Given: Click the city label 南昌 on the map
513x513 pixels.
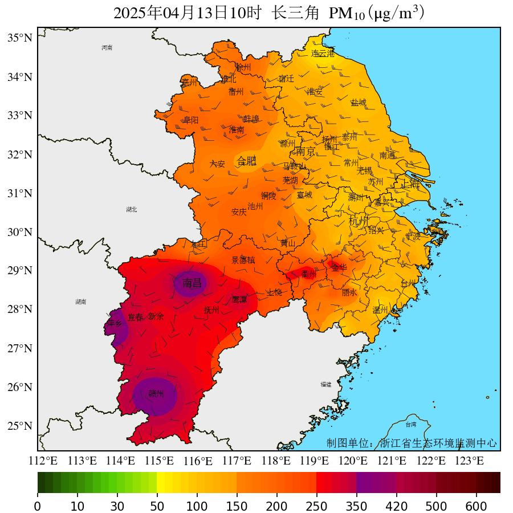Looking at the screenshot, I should click(x=192, y=283).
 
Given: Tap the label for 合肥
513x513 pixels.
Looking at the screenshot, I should click(x=247, y=161).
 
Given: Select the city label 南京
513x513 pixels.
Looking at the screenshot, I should click(x=305, y=152).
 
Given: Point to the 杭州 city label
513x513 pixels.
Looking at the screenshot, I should click(x=359, y=221).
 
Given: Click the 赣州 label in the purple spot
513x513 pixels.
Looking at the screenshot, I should click(x=156, y=393).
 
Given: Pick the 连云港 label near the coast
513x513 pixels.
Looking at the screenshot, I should click(x=323, y=54).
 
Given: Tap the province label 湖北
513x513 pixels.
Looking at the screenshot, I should click(x=132, y=210).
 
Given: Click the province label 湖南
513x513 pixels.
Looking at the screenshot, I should click(x=80, y=302).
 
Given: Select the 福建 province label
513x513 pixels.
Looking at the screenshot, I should click(x=326, y=384).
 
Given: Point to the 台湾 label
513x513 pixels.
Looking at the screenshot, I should click(x=411, y=425).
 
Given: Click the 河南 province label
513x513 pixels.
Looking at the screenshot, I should click(x=107, y=48).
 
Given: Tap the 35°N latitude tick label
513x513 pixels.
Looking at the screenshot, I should click(x=19, y=38).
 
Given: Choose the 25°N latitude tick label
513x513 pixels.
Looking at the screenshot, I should click(x=19, y=426).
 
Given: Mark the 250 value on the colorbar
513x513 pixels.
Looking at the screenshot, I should click(x=316, y=506).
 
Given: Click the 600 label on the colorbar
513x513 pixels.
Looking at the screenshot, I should click(x=477, y=506).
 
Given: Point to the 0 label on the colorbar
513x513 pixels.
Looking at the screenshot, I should click(x=38, y=506).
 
